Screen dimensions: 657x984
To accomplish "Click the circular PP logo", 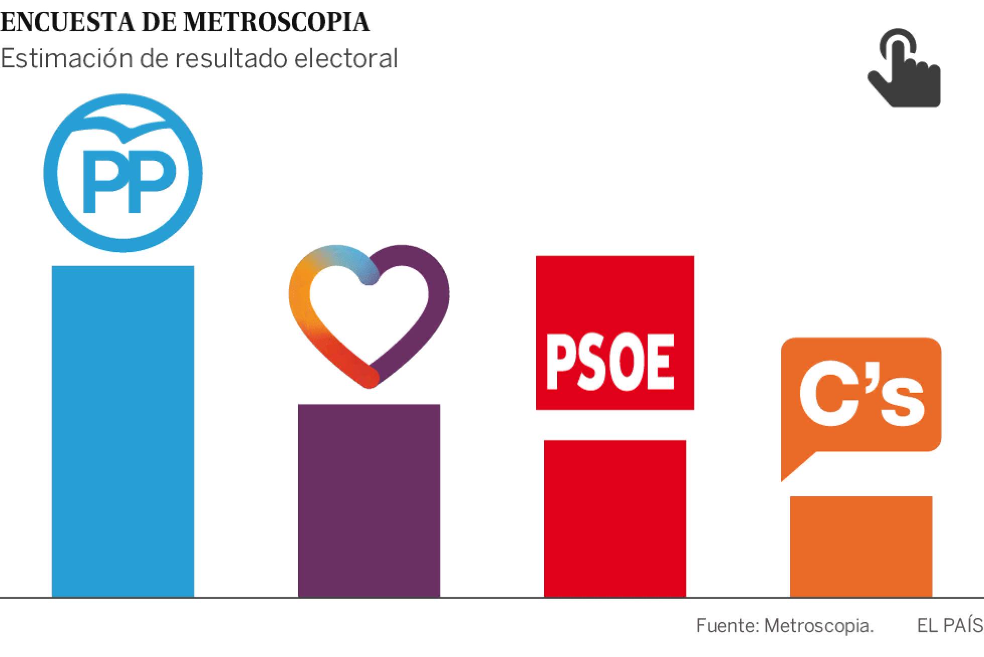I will pyautogui.click(x=122, y=173).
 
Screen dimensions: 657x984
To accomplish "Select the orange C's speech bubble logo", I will pyautogui.click(x=860, y=397).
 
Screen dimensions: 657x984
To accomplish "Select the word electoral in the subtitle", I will pyautogui.click(x=346, y=59).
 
